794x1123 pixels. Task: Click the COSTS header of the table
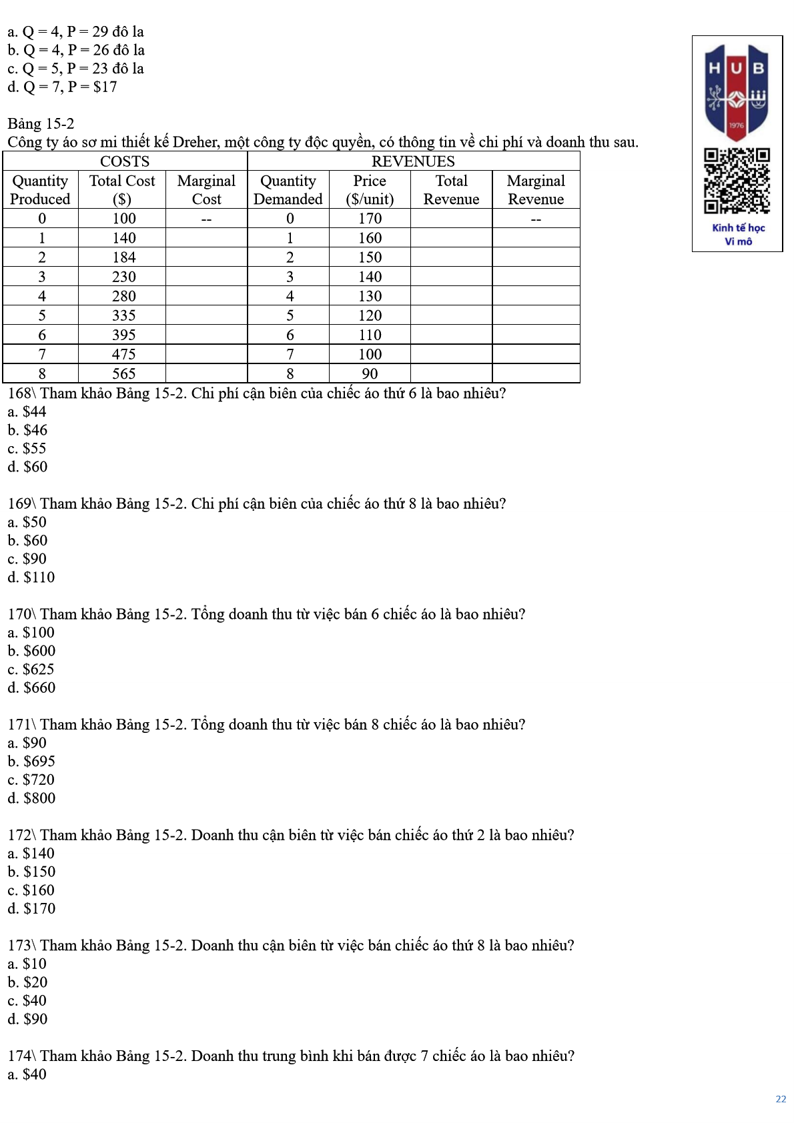pos(125,161)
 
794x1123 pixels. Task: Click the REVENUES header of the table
pos(413,161)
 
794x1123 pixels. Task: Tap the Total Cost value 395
pos(124,335)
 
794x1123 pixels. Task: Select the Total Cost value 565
pos(124,373)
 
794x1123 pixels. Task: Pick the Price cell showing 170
pos(370,219)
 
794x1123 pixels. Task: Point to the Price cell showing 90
pos(370,373)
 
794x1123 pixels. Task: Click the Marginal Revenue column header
pos(536,190)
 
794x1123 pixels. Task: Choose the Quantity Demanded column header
pos(288,190)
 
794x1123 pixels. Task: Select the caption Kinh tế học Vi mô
pos(738,235)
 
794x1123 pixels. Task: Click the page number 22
pos(781,1099)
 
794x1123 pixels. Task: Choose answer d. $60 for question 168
pos(28,467)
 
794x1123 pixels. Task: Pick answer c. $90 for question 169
pos(27,559)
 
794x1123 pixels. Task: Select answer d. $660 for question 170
pos(31,688)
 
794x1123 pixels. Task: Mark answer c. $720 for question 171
pos(31,780)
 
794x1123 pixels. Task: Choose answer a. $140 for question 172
pos(31,854)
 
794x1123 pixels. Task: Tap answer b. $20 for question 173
pos(28,982)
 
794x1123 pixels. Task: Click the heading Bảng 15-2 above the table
pos(41,124)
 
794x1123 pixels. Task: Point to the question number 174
pos(19,1056)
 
